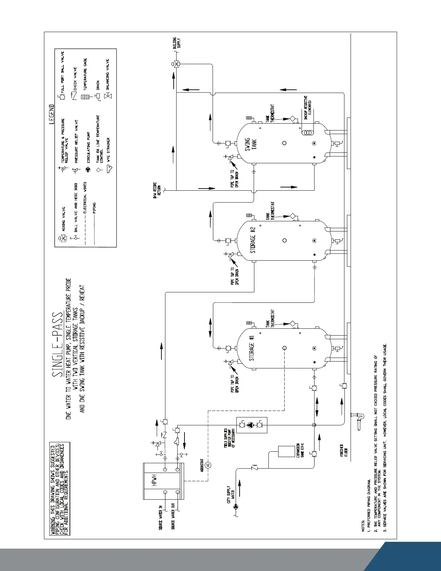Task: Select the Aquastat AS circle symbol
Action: click(208, 465)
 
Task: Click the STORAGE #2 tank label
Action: click(253, 240)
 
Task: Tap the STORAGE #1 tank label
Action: click(251, 348)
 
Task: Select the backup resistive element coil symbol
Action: click(307, 133)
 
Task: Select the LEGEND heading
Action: click(52, 114)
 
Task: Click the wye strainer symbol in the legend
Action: click(110, 168)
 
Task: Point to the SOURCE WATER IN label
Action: click(161, 518)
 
